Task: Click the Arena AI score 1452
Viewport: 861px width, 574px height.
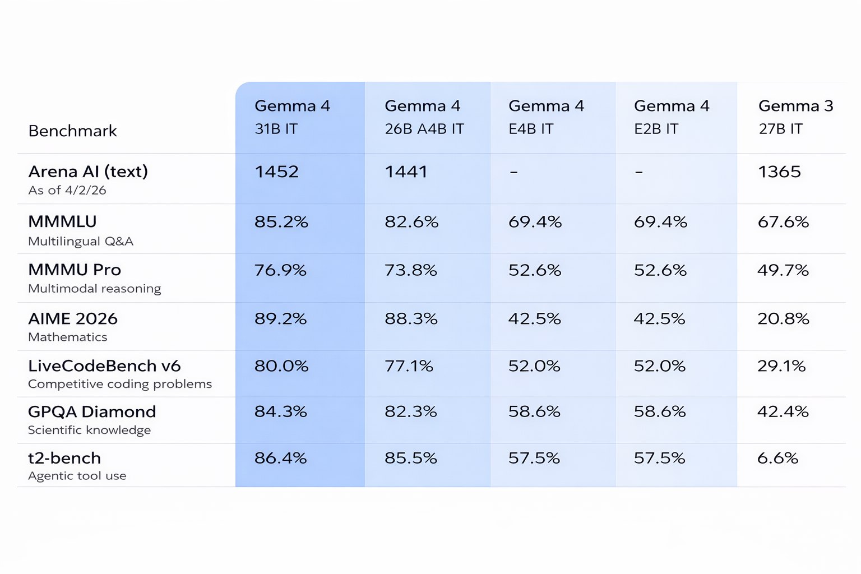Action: pyautogui.click(x=276, y=172)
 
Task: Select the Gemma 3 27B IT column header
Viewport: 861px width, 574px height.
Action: pyautogui.click(x=795, y=117)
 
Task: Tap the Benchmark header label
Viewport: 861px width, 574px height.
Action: pyautogui.click(x=72, y=131)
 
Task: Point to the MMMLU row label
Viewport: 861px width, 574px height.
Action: pyautogui.click(x=62, y=221)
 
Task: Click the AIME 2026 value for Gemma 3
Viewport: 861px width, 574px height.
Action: pyautogui.click(x=783, y=319)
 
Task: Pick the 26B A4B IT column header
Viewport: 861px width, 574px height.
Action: pyautogui.click(x=424, y=117)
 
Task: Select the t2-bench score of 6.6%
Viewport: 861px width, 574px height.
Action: pyautogui.click(x=777, y=458)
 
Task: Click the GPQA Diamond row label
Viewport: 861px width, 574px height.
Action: pyautogui.click(x=92, y=411)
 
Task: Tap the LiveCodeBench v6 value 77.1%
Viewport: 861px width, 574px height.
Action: pyautogui.click(x=409, y=366)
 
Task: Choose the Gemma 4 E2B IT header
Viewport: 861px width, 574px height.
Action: pyautogui.click(x=672, y=117)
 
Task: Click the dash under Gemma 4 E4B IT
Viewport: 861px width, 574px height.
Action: pyautogui.click(x=513, y=172)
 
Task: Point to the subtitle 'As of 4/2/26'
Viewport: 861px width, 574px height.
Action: pyautogui.click(x=67, y=190)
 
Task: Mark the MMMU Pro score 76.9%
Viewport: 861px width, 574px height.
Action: pyautogui.click(x=280, y=270)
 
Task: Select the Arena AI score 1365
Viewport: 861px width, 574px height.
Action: pyautogui.click(x=779, y=172)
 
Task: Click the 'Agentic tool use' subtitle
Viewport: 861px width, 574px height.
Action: pyautogui.click(x=77, y=476)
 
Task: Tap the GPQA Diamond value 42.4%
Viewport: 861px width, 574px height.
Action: pyautogui.click(x=783, y=411)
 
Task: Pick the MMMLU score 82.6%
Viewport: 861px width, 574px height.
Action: pyautogui.click(x=411, y=222)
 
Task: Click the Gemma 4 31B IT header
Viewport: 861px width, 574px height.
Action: pyautogui.click(x=292, y=117)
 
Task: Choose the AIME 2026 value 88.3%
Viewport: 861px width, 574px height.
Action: pyautogui.click(x=411, y=319)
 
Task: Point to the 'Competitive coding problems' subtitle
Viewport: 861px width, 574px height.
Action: pyautogui.click(x=120, y=384)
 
